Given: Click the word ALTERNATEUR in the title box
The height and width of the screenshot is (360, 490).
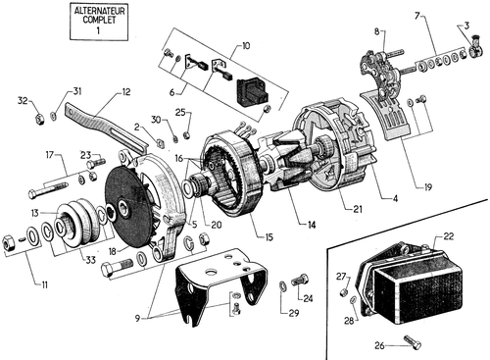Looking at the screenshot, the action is pyautogui.click(x=99, y=11).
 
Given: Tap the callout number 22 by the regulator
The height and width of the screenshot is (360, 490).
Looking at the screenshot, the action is pyautogui.click(x=449, y=236).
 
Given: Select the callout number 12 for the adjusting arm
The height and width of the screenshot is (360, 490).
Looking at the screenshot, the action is pyautogui.click(x=125, y=92).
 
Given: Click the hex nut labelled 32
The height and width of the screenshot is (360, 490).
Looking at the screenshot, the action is pyautogui.click(x=39, y=118).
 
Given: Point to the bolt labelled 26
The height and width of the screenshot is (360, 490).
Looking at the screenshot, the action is pyautogui.click(x=413, y=342).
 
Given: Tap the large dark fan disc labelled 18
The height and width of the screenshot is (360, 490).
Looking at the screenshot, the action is pyautogui.click(x=129, y=208).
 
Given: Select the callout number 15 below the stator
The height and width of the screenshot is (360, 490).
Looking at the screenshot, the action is pyautogui.click(x=269, y=237).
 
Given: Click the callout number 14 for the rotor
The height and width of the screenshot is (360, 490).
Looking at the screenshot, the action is pyautogui.click(x=312, y=225).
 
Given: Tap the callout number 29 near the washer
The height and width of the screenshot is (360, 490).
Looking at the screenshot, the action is pyautogui.click(x=294, y=313).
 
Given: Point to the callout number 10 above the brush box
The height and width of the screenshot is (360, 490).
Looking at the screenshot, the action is pyautogui.click(x=246, y=45).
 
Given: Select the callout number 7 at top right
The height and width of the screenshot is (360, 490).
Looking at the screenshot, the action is pyautogui.click(x=416, y=16).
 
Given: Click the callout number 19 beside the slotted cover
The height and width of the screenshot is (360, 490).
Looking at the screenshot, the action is pyautogui.click(x=427, y=187).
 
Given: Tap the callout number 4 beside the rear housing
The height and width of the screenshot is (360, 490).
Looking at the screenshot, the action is pyautogui.click(x=395, y=198).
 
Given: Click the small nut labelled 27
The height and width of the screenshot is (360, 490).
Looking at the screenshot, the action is pyautogui.click(x=343, y=292).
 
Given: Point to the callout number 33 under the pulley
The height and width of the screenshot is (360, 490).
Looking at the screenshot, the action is pyautogui.click(x=90, y=260).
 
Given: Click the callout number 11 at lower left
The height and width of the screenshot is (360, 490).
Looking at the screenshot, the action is pyautogui.click(x=44, y=284).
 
